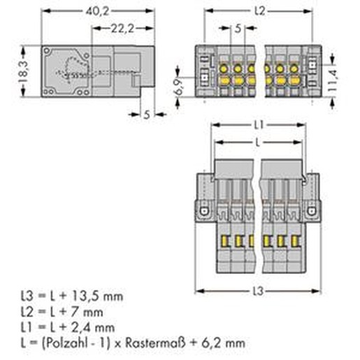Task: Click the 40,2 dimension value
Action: [x=97, y=11]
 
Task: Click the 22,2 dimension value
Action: [x=122, y=29]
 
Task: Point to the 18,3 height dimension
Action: [x=23, y=71]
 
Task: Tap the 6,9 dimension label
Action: [x=178, y=87]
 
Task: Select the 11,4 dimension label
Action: [x=332, y=80]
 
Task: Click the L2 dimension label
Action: [x=259, y=11]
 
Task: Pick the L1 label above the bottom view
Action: [x=259, y=125]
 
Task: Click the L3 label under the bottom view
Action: [x=258, y=291]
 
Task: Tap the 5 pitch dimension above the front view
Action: [x=238, y=29]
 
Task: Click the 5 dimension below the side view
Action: [x=147, y=115]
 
